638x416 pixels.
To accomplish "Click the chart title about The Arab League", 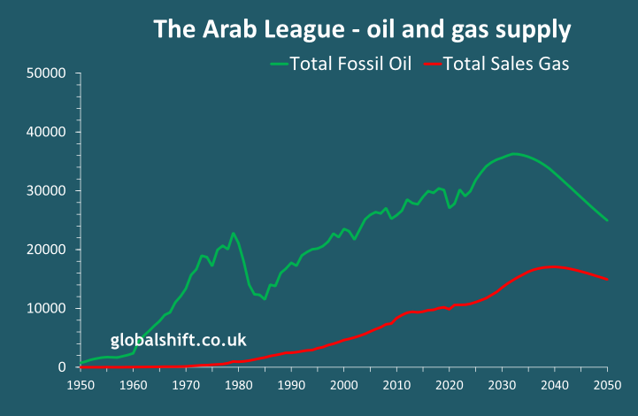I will [362, 29].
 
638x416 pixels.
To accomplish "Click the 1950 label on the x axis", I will [81, 385].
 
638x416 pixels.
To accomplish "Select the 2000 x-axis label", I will [344, 385].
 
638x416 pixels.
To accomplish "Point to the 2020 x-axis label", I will [450, 385].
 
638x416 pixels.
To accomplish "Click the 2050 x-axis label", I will [607, 385].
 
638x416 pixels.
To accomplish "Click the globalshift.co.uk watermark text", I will [178, 340].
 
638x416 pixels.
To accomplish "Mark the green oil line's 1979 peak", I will [234, 234].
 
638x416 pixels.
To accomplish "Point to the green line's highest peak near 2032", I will [513, 154].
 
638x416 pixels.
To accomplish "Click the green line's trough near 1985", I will [264, 299].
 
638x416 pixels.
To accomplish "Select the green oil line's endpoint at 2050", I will [607, 220].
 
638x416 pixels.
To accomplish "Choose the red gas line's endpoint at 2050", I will [607, 280].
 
